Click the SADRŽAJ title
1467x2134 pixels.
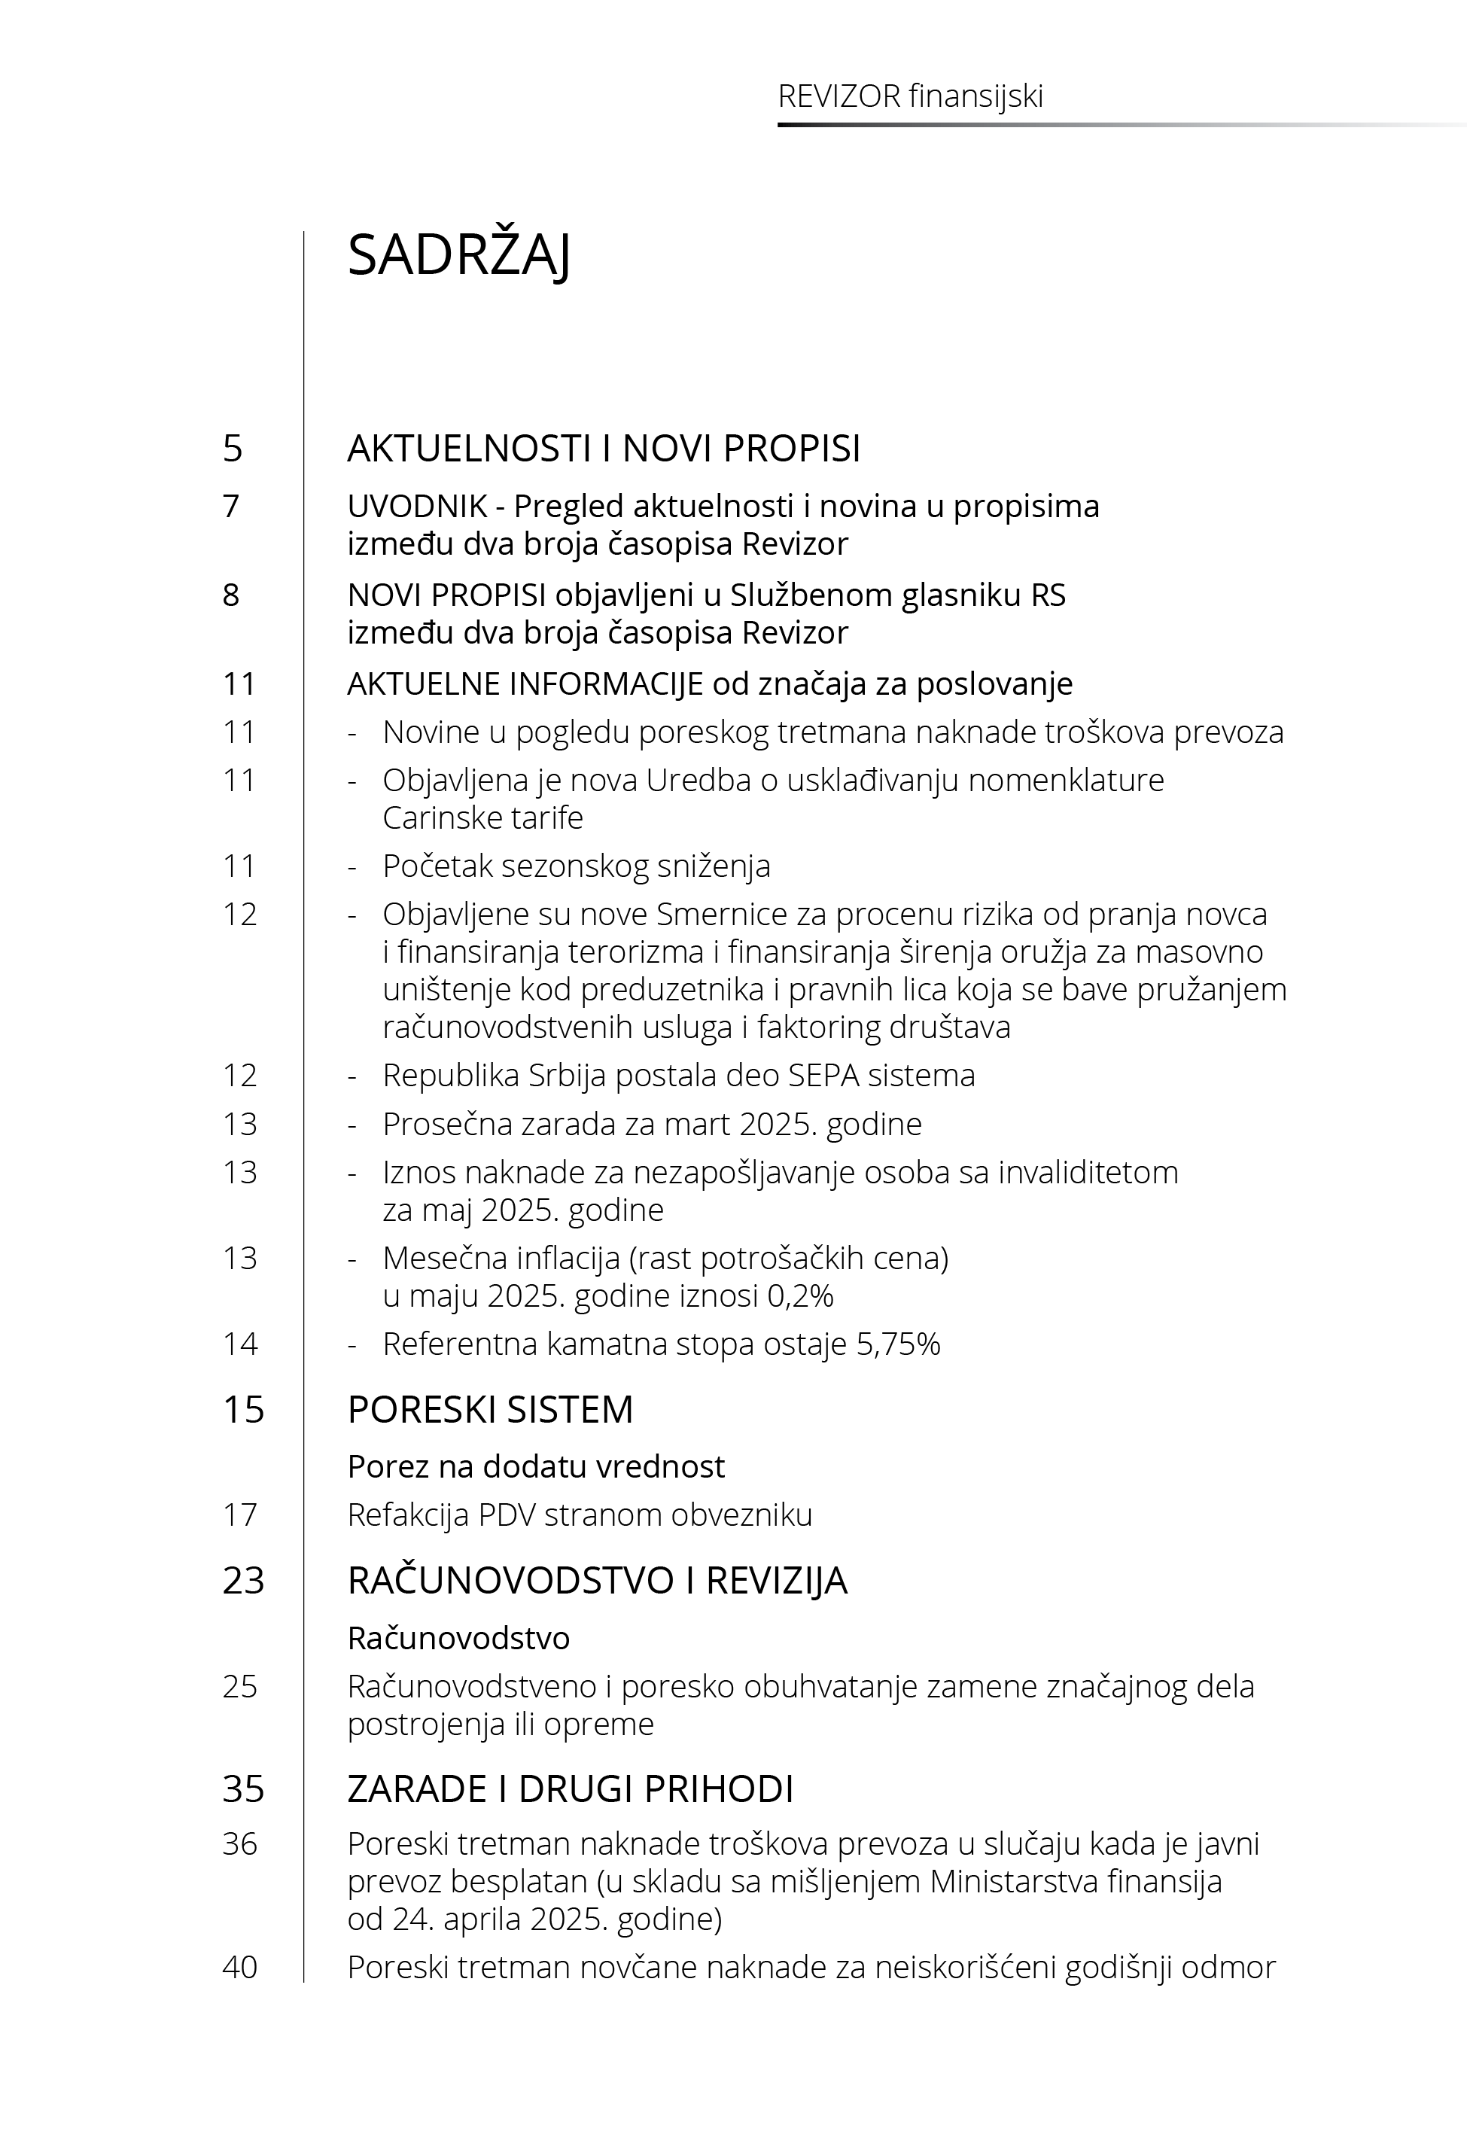[458, 255]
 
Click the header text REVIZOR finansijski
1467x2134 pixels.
[910, 96]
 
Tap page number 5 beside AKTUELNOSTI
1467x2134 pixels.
[233, 449]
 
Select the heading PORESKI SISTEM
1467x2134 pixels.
[490, 1409]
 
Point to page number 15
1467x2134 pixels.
[242, 1409]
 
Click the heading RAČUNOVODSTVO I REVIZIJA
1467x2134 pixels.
[597, 1580]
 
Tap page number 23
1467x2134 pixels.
[242, 1580]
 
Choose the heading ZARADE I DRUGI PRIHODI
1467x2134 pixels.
[570, 1788]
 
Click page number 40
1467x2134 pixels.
[240, 1967]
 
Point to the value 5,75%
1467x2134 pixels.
[898, 1344]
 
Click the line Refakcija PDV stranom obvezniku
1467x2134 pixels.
[579, 1515]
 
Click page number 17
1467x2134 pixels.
[240, 1515]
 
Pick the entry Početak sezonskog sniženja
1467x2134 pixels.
[577, 866]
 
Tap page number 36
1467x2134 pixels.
[240, 1843]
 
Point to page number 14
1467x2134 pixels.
[240, 1344]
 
